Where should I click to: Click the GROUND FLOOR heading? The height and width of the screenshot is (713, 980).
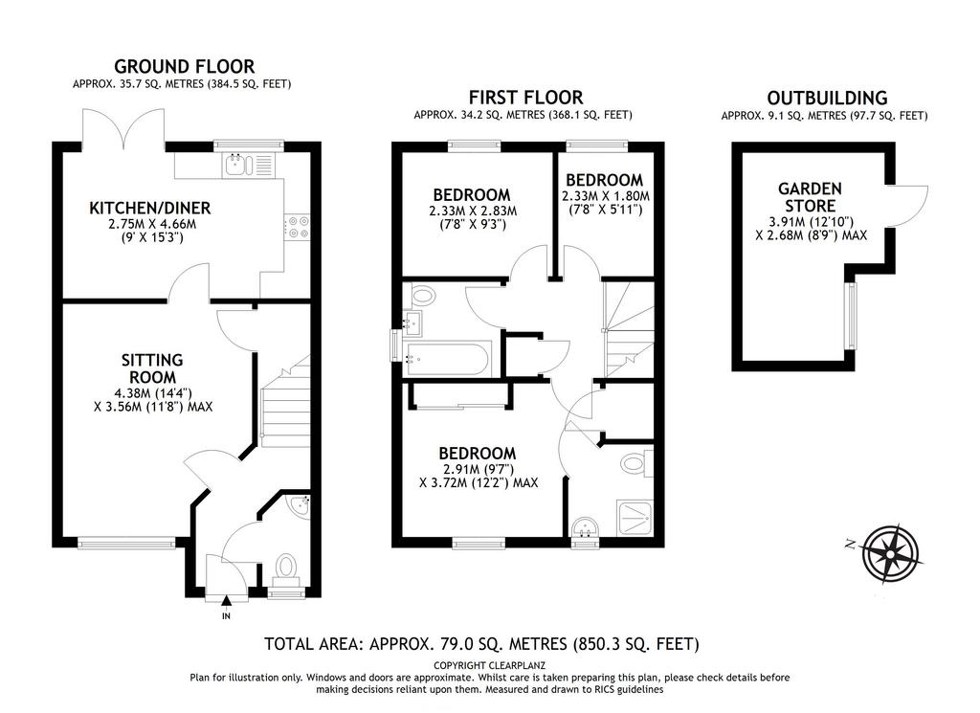(185, 66)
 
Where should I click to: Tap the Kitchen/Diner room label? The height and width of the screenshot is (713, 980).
(150, 208)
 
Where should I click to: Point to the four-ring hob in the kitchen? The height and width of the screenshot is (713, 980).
(297, 226)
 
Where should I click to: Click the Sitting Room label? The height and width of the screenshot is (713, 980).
(152, 368)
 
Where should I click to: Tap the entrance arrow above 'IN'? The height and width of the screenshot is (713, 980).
(226, 601)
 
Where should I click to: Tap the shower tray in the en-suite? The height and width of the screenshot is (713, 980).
(635, 518)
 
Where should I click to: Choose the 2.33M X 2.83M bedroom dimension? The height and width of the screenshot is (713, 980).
(473, 212)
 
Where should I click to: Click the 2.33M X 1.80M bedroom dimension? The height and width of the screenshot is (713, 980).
(606, 196)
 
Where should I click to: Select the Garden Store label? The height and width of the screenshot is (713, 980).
(810, 197)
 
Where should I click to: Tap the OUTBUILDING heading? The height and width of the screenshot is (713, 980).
(827, 99)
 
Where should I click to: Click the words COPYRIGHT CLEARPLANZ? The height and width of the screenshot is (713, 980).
(489, 665)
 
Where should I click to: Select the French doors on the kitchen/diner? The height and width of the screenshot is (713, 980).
(123, 128)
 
